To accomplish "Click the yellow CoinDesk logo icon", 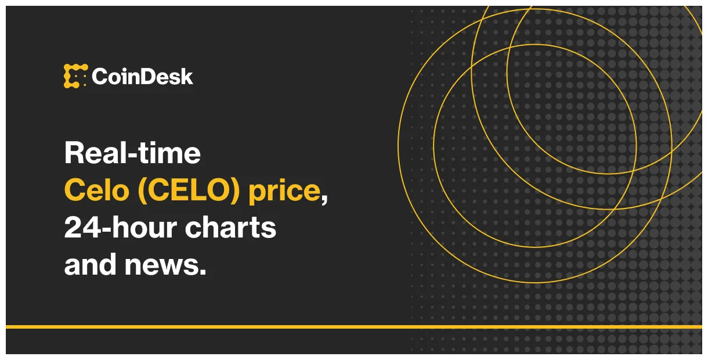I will (75, 76).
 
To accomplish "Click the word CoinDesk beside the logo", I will (142, 77).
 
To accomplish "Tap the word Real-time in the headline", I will (132, 153).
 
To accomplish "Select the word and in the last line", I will (90, 265).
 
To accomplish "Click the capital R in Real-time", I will (74, 153).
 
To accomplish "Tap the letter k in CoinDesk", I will (186, 77).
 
